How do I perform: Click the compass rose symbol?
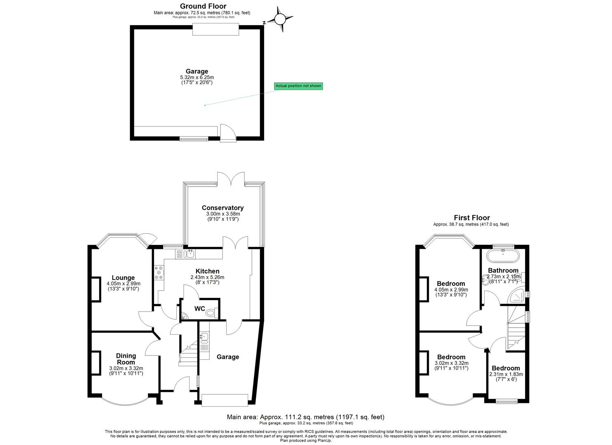click(x=280, y=19)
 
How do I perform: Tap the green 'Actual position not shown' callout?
click(x=298, y=86)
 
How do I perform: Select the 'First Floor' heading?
click(x=472, y=218)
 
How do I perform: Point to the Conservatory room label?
click(x=223, y=208)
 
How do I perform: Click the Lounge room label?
click(x=123, y=278)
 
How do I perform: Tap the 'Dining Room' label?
click(x=126, y=359)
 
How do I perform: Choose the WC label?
click(x=199, y=309)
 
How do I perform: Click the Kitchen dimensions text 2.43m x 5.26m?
click(x=207, y=277)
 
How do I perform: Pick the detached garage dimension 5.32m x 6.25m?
click(x=197, y=77)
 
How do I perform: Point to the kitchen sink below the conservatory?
click(x=190, y=253)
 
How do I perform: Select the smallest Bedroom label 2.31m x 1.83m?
click(x=506, y=368)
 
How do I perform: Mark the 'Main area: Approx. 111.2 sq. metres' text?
click(x=305, y=417)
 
